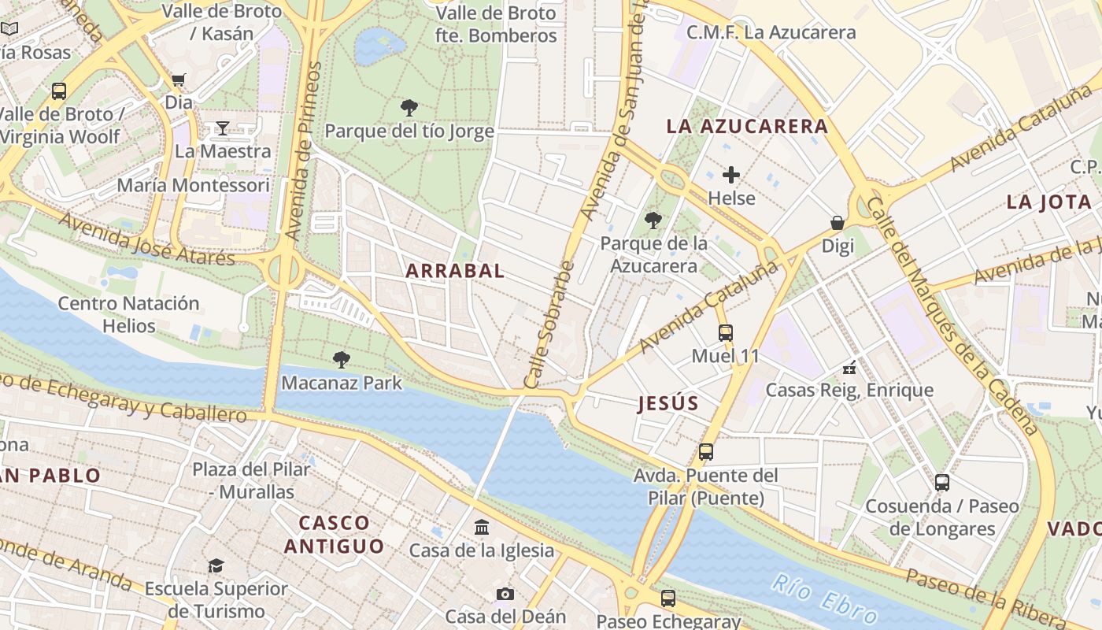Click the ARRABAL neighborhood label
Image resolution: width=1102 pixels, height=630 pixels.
454,271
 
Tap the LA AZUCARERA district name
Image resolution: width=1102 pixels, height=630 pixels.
747,126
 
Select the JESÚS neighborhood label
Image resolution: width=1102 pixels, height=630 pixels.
668,404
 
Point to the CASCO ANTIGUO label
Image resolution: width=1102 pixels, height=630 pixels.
335,534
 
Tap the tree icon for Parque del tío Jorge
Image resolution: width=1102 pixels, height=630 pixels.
409,108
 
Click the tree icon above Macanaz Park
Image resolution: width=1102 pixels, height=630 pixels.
342,360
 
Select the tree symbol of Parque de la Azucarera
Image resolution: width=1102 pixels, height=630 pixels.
653,220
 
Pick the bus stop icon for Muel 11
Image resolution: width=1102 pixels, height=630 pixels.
725,333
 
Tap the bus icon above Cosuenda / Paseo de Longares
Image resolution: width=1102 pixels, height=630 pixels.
942,483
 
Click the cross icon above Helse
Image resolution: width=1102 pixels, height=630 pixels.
731,175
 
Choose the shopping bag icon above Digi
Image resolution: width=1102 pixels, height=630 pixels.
838,223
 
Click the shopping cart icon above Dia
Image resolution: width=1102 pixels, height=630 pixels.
179,80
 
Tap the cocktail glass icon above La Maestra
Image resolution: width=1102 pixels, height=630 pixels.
223,128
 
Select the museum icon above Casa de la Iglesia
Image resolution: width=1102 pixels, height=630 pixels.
481,527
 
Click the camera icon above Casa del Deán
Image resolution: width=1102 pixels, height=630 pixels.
505,594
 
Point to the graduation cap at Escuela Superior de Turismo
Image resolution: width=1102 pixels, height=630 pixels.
216,565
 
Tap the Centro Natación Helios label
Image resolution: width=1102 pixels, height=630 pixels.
128,314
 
